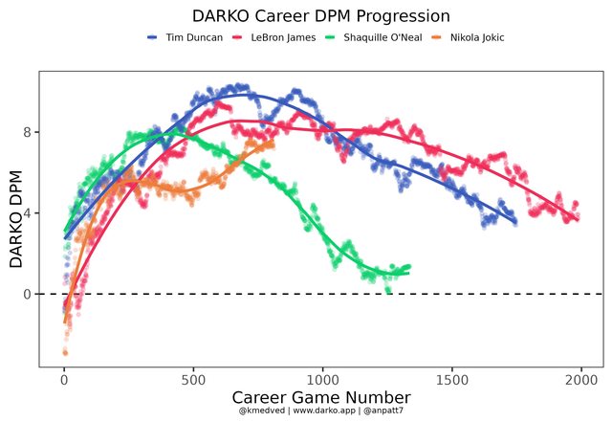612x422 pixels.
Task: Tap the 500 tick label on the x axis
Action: pyautogui.click(x=193, y=378)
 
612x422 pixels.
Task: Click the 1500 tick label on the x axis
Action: pyautogui.click(x=451, y=378)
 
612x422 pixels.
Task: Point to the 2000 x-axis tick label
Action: pyautogui.click(x=580, y=378)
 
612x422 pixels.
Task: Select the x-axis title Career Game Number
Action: pyautogui.click(x=321, y=396)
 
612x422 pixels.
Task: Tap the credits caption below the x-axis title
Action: pyautogui.click(x=321, y=411)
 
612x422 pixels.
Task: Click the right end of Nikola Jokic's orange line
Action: pyautogui.click(x=273, y=144)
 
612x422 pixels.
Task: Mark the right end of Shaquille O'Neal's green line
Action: pyautogui.click(x=408, y=273)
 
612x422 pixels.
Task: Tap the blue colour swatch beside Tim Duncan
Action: pyautogui.click(x=153, y=37)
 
